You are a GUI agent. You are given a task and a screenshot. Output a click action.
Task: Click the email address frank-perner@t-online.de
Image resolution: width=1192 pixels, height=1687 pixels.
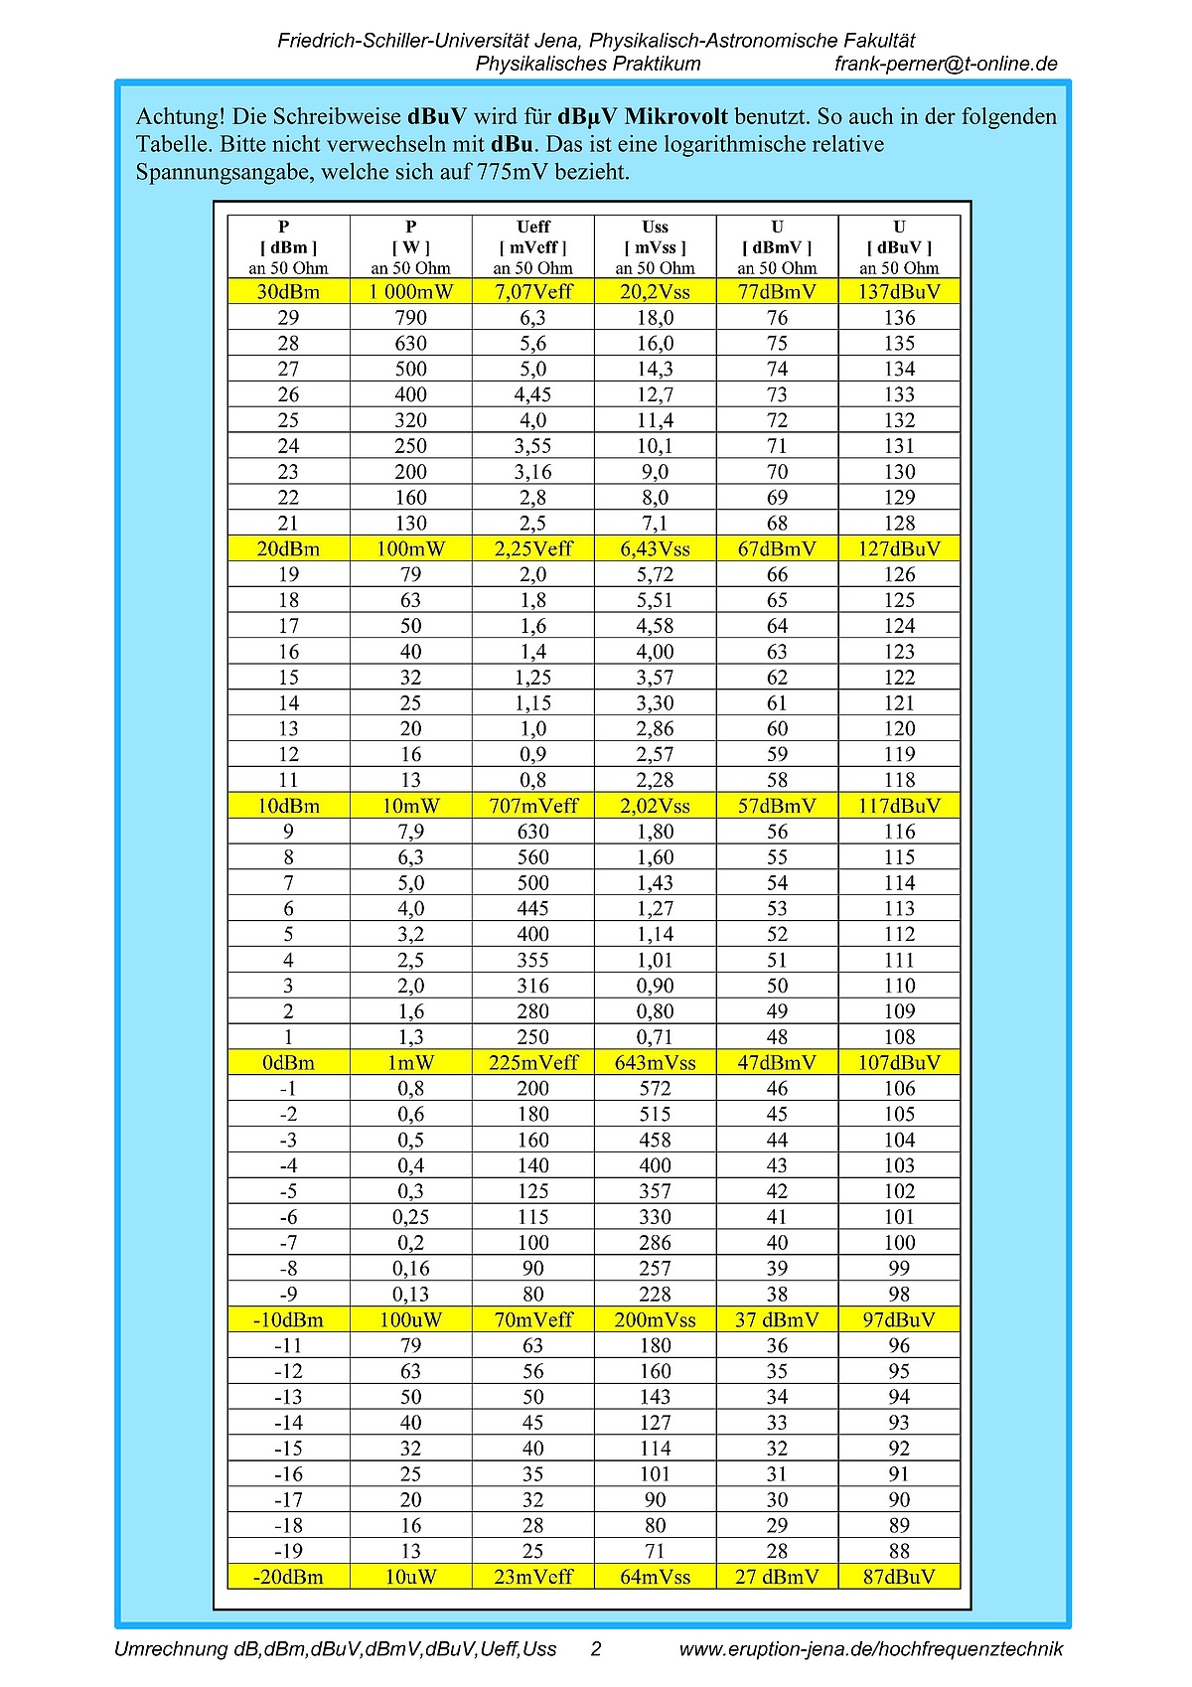(x=946, y=64)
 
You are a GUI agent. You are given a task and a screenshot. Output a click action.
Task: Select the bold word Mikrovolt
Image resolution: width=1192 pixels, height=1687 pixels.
(x=675, y=117)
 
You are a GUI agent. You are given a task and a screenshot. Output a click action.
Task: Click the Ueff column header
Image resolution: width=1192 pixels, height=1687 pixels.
(x=533, y=228)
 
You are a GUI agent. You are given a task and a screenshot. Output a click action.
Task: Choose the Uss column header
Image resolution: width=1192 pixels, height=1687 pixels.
(x=655, y=228)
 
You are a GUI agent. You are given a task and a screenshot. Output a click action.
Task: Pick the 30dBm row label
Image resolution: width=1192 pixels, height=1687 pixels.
(x=288, y=292)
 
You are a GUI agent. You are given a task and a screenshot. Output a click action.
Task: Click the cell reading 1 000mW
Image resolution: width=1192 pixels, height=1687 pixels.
(x=411, y=292)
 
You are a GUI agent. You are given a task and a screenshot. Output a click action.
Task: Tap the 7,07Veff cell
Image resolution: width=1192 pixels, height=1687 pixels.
(x=533, y=292)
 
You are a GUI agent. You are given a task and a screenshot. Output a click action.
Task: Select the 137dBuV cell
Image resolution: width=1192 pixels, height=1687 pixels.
(x=899, y=292)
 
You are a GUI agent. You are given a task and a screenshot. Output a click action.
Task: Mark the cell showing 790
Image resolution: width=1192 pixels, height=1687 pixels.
(x=411, y=318)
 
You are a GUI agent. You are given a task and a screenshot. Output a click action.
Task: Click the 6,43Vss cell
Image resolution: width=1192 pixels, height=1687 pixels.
(x=655, y=549)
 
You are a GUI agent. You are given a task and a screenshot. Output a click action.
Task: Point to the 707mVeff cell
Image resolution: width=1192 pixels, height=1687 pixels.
(x=533, y=807)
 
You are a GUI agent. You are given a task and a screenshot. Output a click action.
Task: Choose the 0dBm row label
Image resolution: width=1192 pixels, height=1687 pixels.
(x=288, y=1063)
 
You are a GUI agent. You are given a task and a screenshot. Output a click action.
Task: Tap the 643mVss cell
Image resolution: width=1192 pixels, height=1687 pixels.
(x=655, y=1063)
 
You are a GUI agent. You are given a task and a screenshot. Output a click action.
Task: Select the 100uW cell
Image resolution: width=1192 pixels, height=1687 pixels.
(x=411, y=1320)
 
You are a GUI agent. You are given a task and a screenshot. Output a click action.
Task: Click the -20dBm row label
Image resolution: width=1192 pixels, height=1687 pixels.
(x=288, y=1577)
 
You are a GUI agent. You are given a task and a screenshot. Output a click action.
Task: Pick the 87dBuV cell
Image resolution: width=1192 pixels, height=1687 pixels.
(x=899, y=1577)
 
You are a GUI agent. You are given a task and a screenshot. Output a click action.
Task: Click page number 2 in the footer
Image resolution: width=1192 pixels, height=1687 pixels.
(x=596, y=1649)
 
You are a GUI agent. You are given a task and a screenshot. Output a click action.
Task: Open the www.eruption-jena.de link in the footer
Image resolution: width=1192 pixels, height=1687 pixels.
(x=870, y=1649)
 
